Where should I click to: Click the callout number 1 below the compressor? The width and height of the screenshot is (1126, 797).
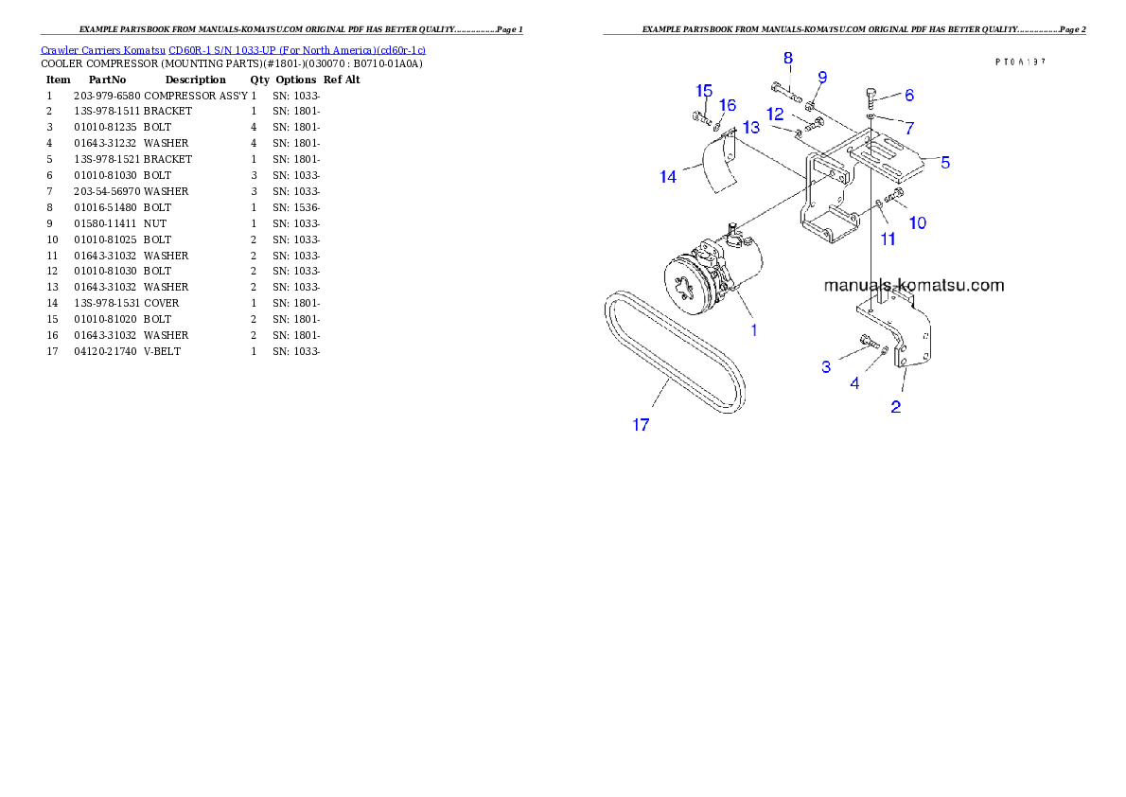(754, 329)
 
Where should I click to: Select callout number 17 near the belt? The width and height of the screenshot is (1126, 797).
(641, 425)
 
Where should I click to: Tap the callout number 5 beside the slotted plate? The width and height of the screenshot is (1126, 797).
(944, 162)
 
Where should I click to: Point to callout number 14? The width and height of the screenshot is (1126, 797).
(668, 176)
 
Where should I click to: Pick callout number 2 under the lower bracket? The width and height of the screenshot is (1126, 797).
(895, 407)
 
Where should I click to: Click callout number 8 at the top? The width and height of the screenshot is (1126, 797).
(787, 58)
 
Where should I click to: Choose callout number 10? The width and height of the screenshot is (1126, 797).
(917, 222)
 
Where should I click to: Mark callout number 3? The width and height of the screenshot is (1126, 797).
(826, 366)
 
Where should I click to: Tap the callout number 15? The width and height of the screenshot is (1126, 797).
(703, 91)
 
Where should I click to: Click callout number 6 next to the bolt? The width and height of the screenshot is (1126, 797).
(908, 95)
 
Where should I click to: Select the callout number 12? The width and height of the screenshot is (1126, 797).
(775, 114)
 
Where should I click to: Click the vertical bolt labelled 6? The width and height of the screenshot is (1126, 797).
(871, 97)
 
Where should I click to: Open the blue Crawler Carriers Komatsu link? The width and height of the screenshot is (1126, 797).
(233, 49)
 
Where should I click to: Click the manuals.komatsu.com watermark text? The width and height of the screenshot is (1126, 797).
(913, 285)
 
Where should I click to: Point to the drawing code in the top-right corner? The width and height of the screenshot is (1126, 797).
(1019, 61)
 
